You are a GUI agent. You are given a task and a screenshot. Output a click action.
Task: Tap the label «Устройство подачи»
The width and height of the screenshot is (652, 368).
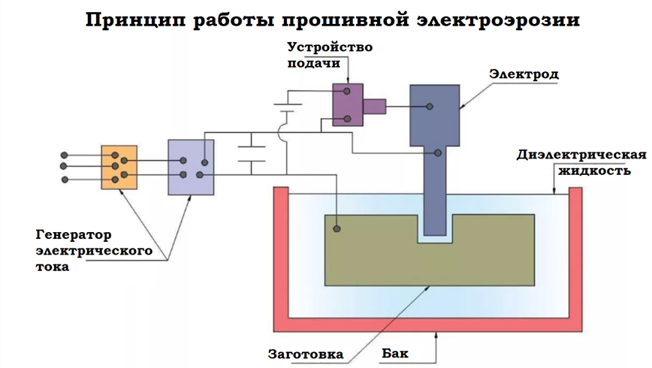pos(330,55)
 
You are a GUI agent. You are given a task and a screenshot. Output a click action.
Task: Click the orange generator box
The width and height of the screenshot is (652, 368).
pos(119,167)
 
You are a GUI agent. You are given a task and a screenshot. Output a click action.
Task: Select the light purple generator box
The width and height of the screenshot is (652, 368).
pos(191,167)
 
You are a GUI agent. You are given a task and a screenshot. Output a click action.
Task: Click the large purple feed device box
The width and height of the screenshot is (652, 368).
pos(348,104)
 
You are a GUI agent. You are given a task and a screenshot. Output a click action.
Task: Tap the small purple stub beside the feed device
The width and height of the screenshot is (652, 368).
pos(374,106)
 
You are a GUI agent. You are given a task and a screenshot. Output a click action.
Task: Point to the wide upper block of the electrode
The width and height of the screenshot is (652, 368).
pos(434,114)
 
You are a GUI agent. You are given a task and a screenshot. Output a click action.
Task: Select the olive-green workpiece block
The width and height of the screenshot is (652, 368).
pos(376,259)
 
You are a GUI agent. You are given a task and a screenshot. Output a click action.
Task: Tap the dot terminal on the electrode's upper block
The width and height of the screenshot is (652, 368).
pos(430,107)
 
